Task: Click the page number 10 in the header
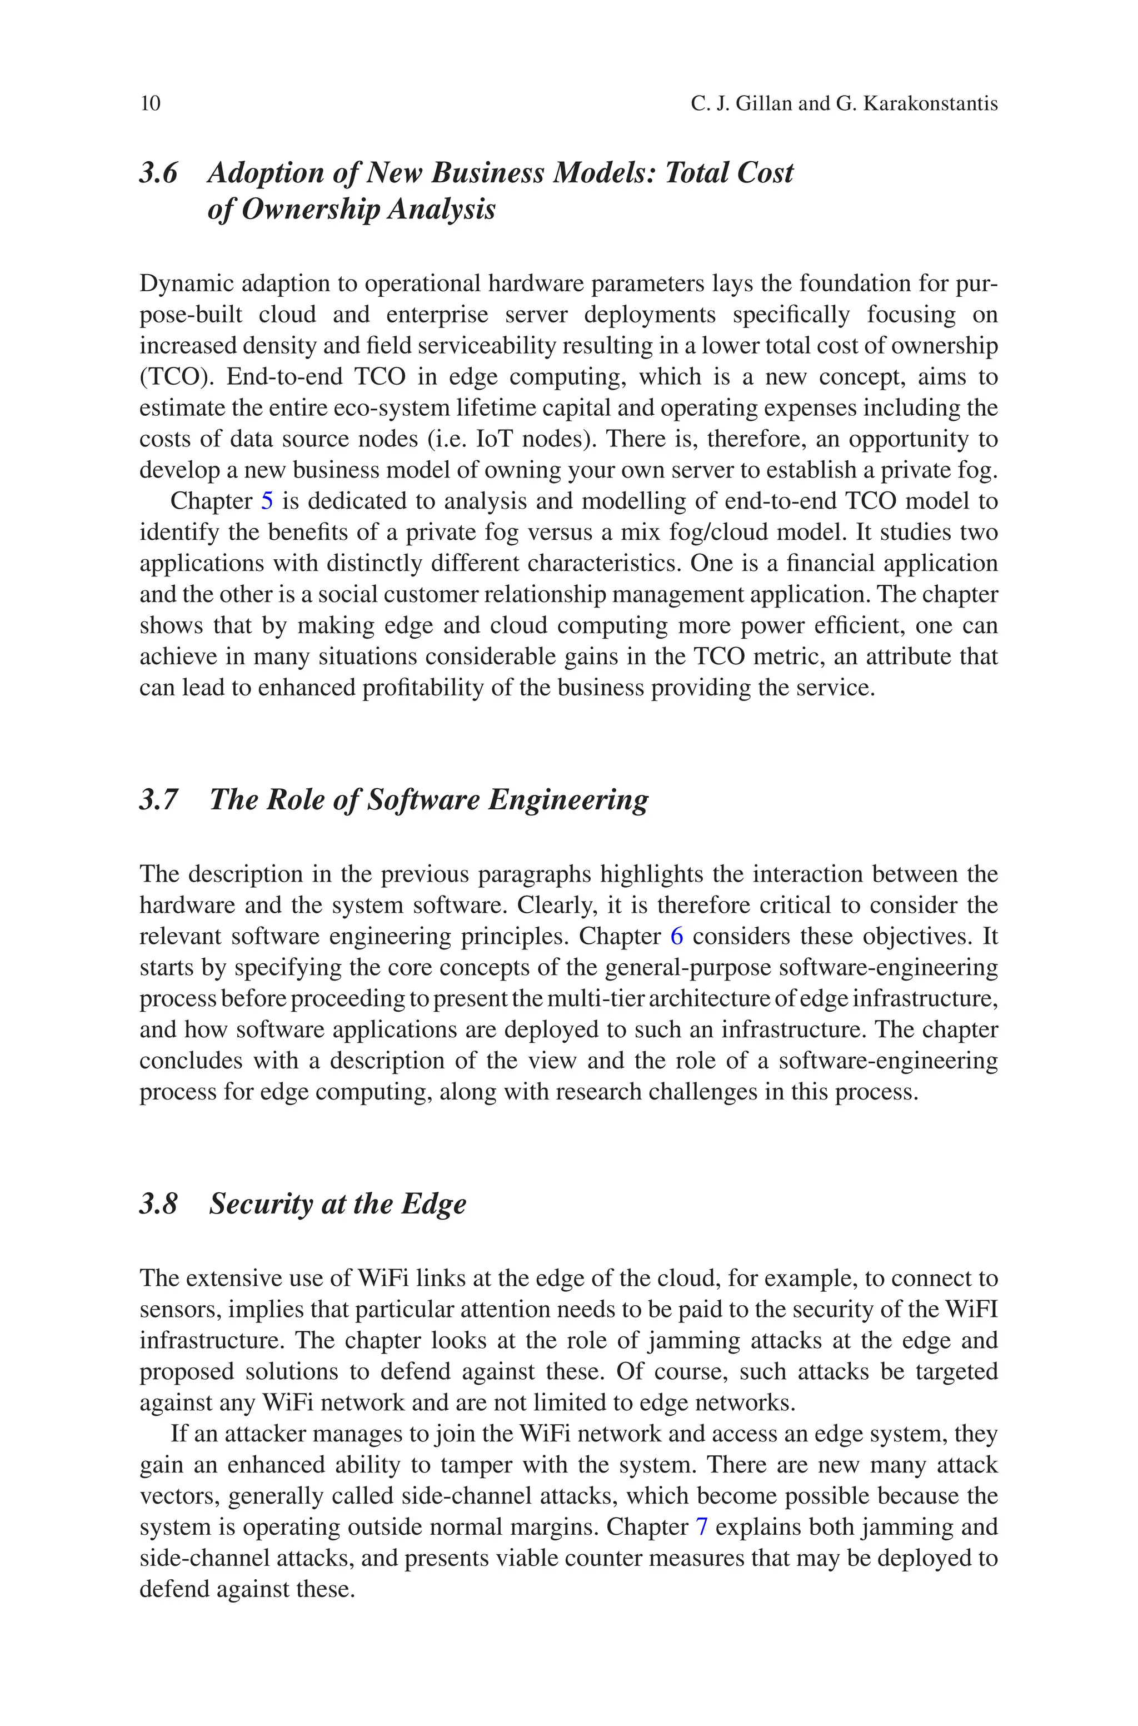150,104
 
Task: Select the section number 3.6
158,173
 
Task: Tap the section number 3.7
158,799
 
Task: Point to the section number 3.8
158,1203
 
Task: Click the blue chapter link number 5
266,501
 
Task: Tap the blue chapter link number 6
676,936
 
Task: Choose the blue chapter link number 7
701,1527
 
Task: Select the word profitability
422,688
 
